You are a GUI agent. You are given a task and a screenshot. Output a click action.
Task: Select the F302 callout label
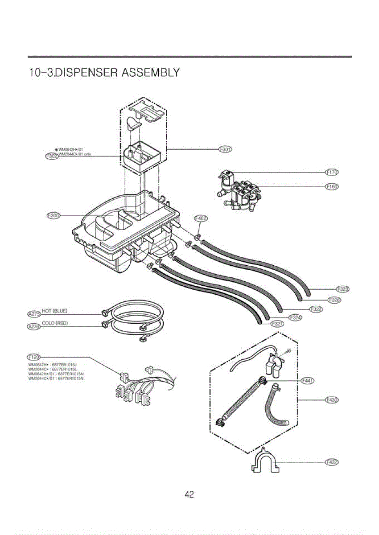(x=52, y=156)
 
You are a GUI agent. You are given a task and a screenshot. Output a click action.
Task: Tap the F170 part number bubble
(x=332, y=172)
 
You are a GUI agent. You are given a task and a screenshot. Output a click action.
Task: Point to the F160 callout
(x=332, y=187)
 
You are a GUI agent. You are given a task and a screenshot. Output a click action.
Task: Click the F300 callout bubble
(x=54, y=216)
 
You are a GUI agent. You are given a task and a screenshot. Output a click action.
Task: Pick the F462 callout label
(x=201, y=218)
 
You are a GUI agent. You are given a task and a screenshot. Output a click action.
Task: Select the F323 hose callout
(x=342, y=289)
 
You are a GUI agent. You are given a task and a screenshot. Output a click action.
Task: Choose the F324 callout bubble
(x=296, y=317)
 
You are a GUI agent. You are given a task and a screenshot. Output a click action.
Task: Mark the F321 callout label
(x=277, y=324)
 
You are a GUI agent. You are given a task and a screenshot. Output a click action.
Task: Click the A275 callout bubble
(x=34, y=314)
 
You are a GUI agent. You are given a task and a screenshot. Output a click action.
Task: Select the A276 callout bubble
(x=34, y=326)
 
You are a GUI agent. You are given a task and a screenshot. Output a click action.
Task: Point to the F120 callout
(x=34, y=357)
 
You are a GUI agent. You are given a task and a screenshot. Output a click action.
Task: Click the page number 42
(x=189, y=494)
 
